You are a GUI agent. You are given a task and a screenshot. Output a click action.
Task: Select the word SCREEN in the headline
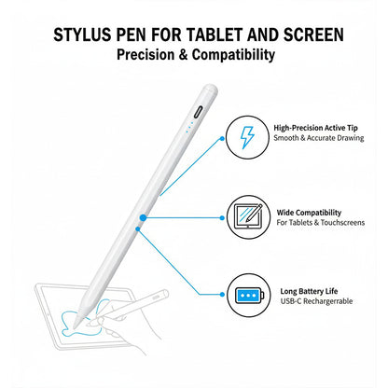click(310, 35)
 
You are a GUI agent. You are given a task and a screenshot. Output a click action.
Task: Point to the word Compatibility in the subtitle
click(233, 55)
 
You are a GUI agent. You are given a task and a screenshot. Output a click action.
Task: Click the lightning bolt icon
click(246, 136)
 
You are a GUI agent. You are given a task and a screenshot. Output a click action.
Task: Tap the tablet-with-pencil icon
click(246, 217)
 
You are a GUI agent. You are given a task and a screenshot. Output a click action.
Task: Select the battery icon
click(246, 296)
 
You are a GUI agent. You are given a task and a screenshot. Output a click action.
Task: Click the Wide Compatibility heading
click(310, 212)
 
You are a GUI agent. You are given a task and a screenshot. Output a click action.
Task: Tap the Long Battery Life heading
click(311, 291)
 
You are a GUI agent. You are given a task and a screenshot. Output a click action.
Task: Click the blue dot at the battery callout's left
click(138, 225)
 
